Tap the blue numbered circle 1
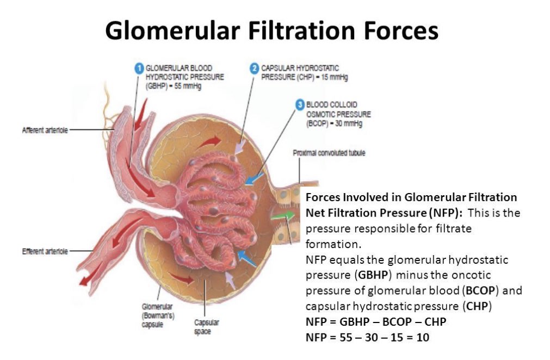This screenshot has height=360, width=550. (139, 69)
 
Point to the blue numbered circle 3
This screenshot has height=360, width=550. (299, 104)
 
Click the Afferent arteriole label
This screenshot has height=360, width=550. (45, 131)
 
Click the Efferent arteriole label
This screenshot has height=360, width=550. (45, 251)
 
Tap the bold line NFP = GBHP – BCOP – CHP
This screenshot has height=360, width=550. (376, 322)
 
